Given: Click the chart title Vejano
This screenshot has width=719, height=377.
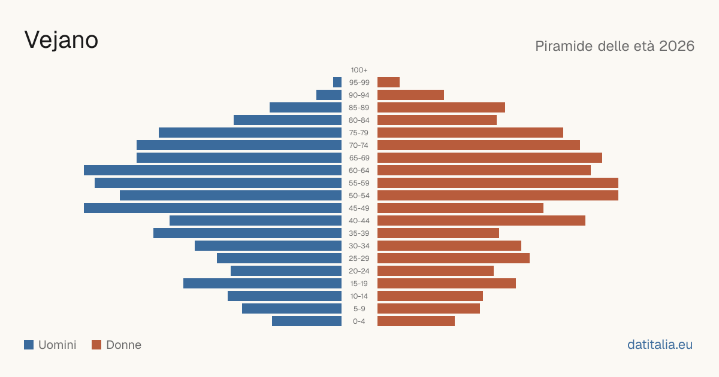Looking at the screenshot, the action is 61,40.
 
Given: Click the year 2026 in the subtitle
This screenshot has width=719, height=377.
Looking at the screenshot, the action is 676,46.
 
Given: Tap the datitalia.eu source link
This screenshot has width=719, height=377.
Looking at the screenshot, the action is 660,345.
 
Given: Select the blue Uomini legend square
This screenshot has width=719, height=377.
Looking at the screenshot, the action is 29,345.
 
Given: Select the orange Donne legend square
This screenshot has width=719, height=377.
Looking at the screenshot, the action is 96,345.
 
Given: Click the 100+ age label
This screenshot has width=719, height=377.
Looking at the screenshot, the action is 359,70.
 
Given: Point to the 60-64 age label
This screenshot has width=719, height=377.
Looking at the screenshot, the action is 359,171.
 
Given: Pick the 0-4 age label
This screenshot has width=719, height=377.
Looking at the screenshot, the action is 359,321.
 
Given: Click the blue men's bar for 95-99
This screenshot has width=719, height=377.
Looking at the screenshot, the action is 337,83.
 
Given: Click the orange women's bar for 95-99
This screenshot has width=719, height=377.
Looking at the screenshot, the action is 388,83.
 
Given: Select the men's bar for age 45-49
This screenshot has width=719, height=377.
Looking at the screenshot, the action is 213,208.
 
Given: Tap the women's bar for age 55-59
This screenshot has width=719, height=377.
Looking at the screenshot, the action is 498,183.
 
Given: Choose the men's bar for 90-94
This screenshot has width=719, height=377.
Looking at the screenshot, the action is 329,95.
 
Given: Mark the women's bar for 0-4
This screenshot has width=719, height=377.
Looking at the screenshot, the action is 416,321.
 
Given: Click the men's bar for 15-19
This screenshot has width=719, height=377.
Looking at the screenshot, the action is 262,284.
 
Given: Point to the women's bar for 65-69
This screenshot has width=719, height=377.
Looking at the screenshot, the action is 490,158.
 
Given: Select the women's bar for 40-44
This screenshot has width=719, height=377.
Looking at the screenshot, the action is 482,221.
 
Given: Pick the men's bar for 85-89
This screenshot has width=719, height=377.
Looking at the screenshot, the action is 306,107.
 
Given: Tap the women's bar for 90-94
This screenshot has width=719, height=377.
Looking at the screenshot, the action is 410,95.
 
